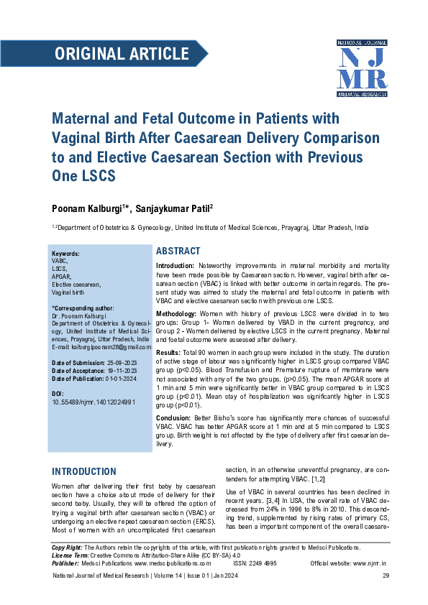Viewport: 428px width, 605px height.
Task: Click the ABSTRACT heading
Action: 178,251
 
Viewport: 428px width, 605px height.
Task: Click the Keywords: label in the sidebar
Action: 65,254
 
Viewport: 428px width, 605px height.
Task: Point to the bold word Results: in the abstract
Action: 168,353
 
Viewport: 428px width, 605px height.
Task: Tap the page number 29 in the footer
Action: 385,576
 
